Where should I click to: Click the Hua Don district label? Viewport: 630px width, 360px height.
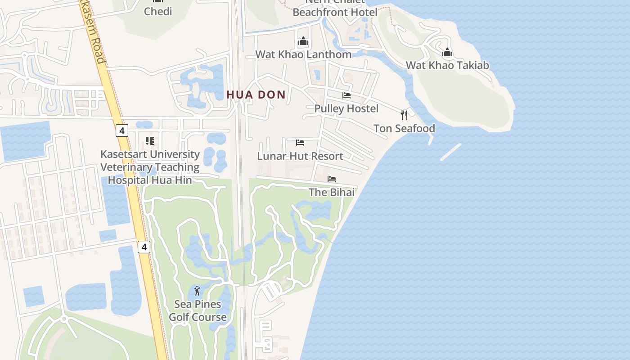coord(256,94)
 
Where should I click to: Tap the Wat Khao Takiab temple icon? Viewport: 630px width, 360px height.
coord(447,52)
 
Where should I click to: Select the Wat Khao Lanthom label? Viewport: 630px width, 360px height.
coord(303,54)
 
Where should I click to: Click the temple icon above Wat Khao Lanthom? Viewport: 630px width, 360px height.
coord(303,41)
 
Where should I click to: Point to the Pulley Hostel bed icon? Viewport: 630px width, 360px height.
coord(346,95)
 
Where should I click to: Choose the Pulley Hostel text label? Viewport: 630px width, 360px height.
coord(346,108)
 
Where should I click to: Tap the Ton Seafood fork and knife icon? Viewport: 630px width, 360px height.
coord(404,115)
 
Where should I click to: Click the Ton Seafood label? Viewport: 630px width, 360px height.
coord(404,128)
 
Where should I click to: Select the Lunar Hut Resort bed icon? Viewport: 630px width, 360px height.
coord(300,143)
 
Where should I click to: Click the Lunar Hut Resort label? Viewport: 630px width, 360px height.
coord(300,156)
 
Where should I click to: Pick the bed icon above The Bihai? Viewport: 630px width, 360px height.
coord(332,179)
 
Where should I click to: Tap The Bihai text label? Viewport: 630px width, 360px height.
coord(332,192)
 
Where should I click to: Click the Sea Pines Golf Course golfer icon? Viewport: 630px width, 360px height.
coord(197,291)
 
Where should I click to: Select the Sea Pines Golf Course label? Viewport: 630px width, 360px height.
coord(198,310)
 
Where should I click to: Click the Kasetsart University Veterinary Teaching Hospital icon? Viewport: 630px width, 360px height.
coord(150,141)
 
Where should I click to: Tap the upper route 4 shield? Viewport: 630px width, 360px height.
coord(121,130)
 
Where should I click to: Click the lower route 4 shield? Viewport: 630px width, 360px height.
coord(144,247)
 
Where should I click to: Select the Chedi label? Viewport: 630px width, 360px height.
coord(158,11)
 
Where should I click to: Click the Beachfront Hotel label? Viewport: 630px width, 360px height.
coord(335,12)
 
